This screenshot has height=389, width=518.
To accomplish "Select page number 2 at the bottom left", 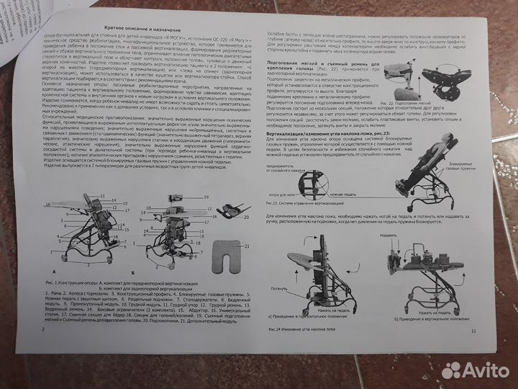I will click(x=45, y=328).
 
